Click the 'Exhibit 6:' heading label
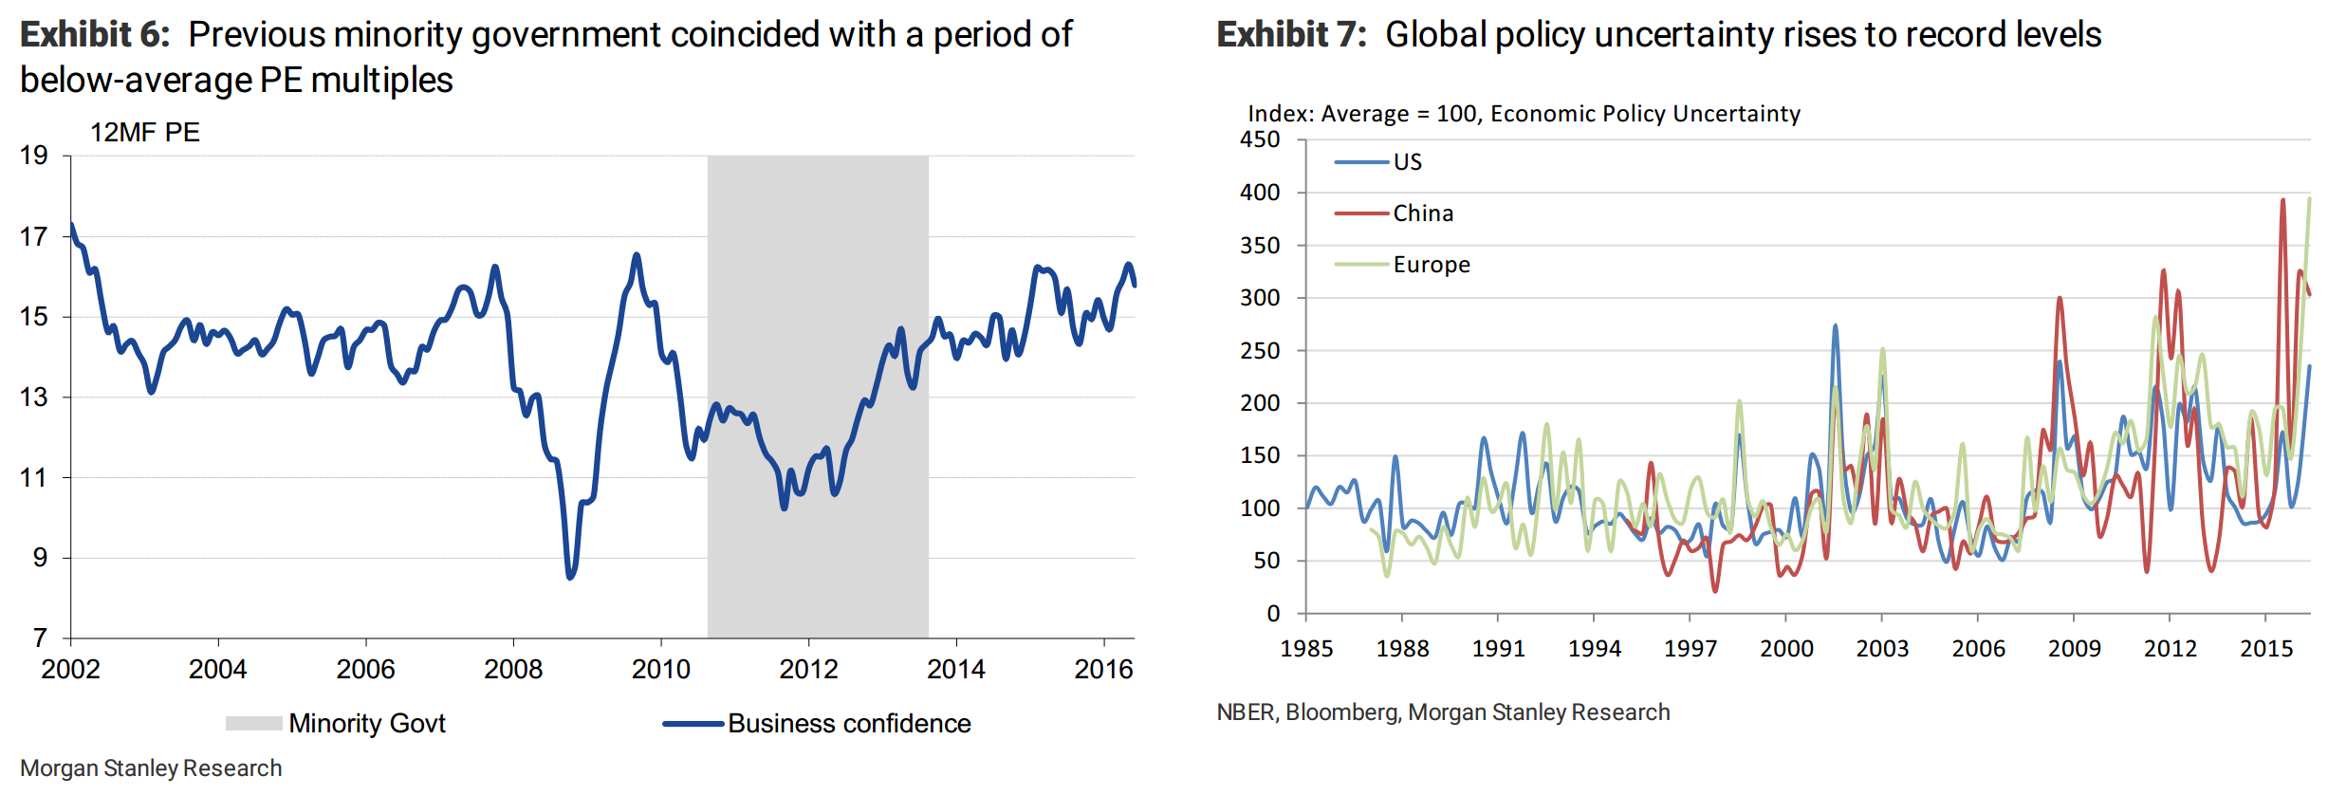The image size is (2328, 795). [95, 35]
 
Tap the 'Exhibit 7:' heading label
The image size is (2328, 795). [1291, 35]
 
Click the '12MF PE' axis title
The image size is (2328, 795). [144, 133]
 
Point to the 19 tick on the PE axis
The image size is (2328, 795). [34, 156]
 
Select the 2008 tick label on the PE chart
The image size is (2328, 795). [513, 670]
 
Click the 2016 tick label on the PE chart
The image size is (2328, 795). [1103, 670]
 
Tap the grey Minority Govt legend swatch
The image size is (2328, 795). [253, 724]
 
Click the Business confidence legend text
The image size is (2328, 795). [849, 724]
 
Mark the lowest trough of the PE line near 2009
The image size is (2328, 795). [570, 576]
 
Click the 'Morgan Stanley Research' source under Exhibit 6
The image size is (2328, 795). [151, 768]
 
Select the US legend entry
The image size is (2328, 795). [1407, 162]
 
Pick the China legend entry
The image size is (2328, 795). [1422, 213]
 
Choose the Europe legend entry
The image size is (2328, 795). [1431, 265]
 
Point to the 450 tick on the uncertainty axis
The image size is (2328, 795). [1260, 139]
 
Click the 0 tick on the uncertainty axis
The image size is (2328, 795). [1273, 614]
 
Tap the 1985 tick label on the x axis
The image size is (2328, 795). [1306, 649]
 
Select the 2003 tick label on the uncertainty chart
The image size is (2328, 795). [1882, 649]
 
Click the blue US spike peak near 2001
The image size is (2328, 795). [1836, 326]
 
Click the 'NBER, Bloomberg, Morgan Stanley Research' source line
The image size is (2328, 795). [1443, 712]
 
